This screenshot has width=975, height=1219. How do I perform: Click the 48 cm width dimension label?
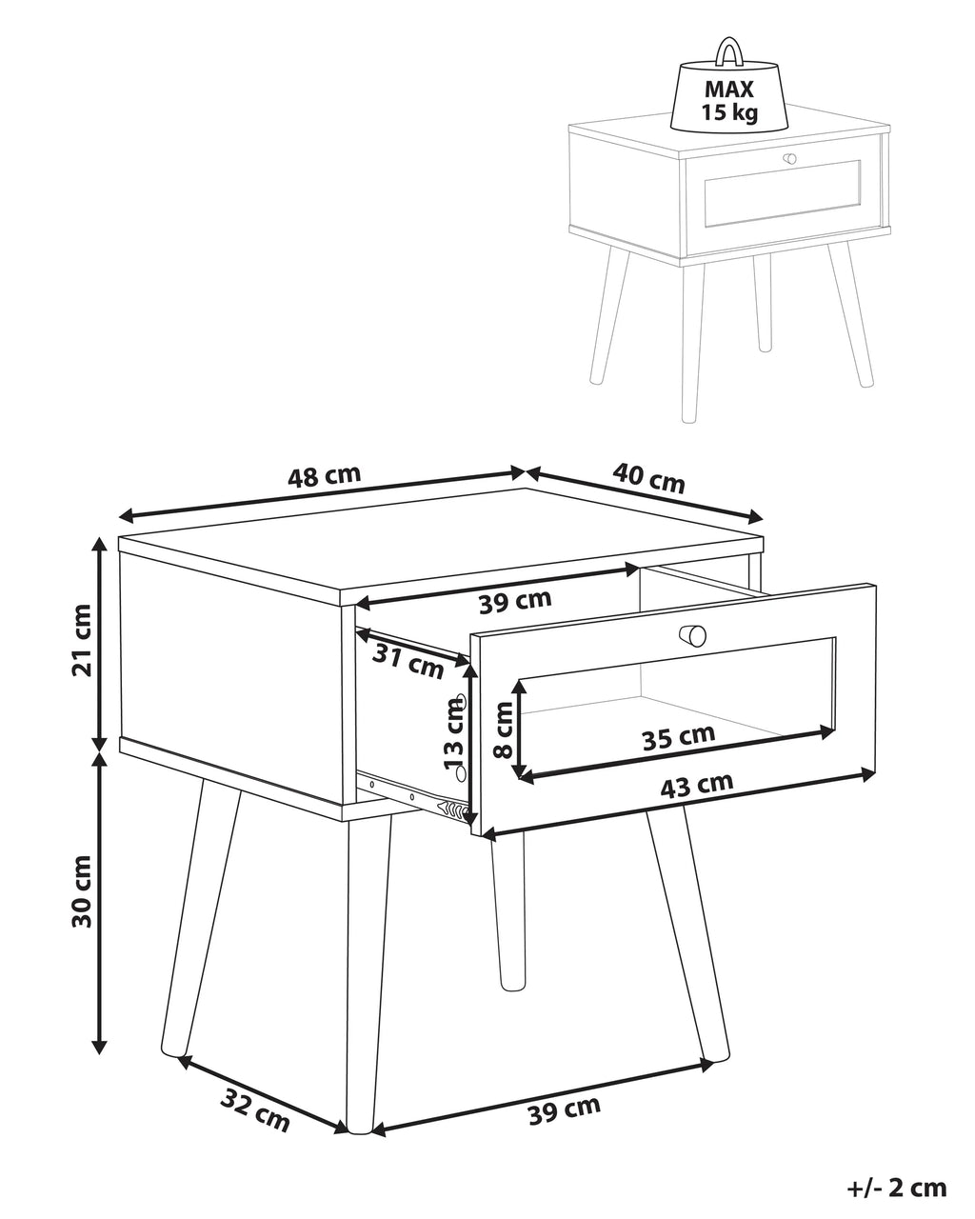tap(324, 476)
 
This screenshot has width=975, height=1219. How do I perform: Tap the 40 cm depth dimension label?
tap(648, 477)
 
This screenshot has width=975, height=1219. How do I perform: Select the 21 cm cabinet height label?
tap(82, 640)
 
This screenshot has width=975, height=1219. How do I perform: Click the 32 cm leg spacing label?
tap(255, 1102)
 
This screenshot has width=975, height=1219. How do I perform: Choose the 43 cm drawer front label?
tap(696, 785)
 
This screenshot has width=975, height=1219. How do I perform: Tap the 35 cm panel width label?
tap(678, 737)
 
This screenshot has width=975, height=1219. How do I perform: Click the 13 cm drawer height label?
tap(454, 732)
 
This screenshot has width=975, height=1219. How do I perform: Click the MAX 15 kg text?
tap(729, 101)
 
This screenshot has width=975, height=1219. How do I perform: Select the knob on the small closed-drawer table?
tap(789, 159)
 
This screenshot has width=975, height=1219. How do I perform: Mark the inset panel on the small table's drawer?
tap(782, 193)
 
